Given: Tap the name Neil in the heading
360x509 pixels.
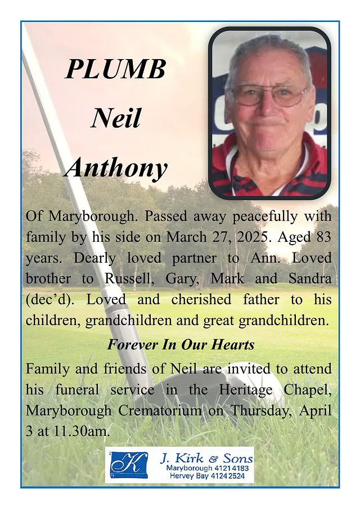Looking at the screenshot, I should (x=115, y=118).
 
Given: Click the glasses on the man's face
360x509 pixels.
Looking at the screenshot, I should (x=269, y=94).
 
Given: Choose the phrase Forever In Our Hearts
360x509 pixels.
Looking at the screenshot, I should (x=181, y=344).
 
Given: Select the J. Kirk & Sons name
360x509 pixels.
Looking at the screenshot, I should (x=206, y=457).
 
